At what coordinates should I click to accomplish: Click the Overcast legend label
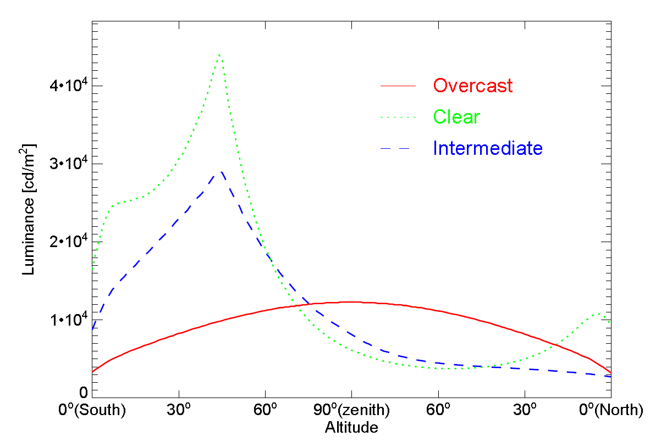[x=472, y=86]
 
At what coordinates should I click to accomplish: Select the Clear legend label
[x=456, y=117]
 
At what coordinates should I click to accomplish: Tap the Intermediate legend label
[x=488, y=148]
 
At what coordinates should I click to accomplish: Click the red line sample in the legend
[x=399, y=86]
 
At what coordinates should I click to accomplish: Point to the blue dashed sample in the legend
[x=399, y=149]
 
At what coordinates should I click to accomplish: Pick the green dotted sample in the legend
[x=399, y=118]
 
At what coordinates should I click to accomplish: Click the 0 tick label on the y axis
[x=83, y=392]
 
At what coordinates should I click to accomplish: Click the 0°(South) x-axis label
[x=92, y=410]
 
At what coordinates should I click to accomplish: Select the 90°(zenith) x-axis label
[x=351, y=410]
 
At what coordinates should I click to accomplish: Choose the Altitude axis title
[x=351, y=427]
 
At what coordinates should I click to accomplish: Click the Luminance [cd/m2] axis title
[x=29, y=210]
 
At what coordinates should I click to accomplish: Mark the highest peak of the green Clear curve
[x=219, y=55]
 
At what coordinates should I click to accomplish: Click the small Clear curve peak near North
[x=598, y=314]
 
